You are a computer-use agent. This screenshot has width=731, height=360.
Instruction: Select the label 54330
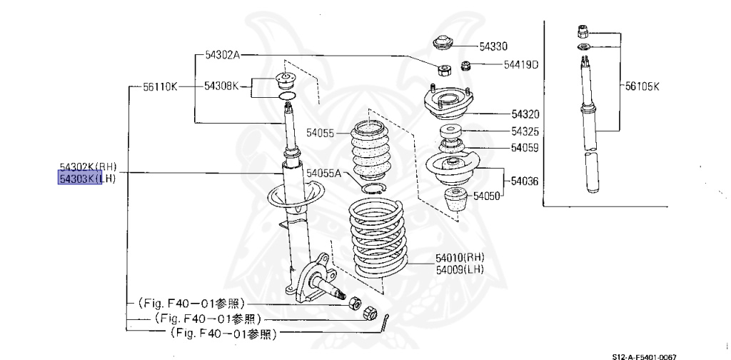[x=493, y=46]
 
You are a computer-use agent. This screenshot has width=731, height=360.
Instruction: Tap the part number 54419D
[x=520, y=65]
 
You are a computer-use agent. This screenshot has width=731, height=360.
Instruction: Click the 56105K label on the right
[x=642, y=86]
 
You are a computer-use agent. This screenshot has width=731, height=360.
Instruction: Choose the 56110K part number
[x=159, y=86]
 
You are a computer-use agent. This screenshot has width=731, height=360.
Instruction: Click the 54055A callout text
[x=324, y=174]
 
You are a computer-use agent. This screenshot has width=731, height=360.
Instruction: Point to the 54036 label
[x=525, y=181]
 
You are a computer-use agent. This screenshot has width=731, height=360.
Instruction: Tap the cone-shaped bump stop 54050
[x=455, y=202]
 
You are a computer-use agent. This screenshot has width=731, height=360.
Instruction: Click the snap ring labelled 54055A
[x=373, y=188]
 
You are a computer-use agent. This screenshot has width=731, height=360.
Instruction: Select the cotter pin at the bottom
[x=386, y=324]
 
